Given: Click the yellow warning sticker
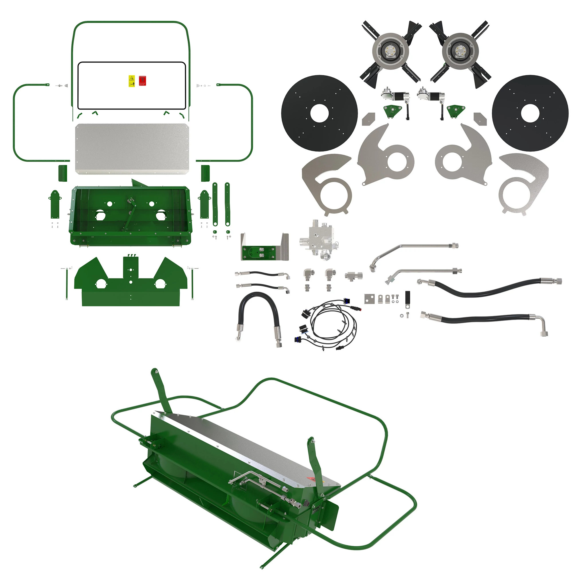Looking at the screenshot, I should [132, 81].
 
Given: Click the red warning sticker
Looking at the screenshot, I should [143, 81].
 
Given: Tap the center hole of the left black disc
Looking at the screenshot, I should [319, 113].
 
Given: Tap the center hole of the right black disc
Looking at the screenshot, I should [530, 113].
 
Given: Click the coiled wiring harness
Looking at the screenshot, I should [329, 323].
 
